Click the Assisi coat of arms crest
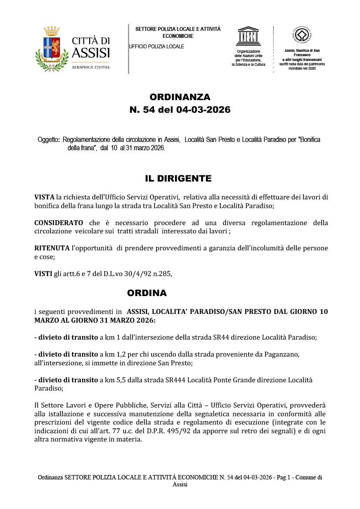[52, 48]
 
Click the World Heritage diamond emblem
[302, 35]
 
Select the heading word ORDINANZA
[180, 97]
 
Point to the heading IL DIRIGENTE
[178, 179]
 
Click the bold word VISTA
[44, 197]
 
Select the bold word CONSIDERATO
[59, 223]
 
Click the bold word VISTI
[43, 274]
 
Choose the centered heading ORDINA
[147, 293]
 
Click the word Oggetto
[48, 140]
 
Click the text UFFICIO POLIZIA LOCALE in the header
[157, 47]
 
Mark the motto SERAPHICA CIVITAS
[91, 67]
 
